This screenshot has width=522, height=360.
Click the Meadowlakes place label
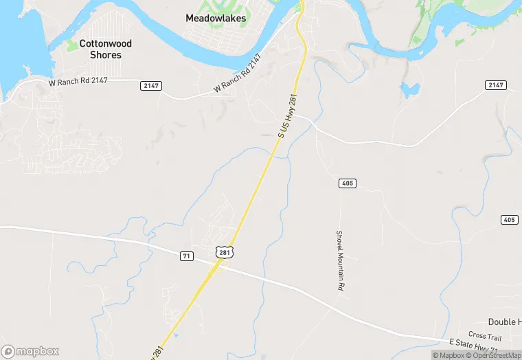[x=216, y=18]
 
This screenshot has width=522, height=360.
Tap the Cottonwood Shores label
[x=106, y=49]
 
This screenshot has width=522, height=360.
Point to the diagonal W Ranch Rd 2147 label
[x=238, y=74]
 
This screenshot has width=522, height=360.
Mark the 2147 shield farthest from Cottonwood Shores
[x=495, y=85]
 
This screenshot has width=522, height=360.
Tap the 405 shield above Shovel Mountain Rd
[x=347, y=183]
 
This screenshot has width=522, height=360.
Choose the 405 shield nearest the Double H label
[x=509, y=220]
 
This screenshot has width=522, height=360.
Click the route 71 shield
[x=186, y=256]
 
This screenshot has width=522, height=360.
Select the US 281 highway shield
[x=224, y=253]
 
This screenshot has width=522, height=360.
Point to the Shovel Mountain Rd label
[x=339, y=259]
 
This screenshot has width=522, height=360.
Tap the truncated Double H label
[x=504, y=322]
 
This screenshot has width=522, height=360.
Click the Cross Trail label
[x=486, y=336]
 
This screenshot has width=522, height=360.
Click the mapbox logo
[x=30, y=350]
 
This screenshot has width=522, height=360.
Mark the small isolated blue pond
[x=410, y=90]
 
